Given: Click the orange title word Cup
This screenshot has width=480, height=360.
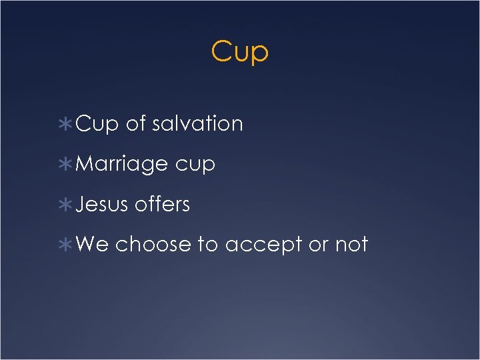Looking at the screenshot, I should click(239, 52).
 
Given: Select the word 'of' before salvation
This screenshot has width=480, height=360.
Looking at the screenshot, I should click(135, 124).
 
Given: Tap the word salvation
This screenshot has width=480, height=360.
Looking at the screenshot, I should click(197, 124).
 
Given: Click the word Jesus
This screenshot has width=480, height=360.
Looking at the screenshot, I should click(102, 205).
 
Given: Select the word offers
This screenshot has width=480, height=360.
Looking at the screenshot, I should click(162, 205).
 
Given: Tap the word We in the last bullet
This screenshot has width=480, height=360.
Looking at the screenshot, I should click(93, 245).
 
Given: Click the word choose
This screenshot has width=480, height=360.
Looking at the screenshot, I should click(153, 245).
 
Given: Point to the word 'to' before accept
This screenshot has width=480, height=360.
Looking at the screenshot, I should click(208, 245).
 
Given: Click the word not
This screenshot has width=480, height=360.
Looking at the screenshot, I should click(351, 245).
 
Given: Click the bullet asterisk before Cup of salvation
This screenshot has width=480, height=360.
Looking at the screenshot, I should click(69, 125).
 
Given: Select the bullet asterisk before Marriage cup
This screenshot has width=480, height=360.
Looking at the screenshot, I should click(69, 165).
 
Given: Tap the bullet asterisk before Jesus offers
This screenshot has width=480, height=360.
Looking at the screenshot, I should click(69, 205).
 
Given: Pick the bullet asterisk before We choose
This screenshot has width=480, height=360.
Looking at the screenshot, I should click(69, 245).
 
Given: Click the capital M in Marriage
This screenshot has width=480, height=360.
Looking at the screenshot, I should click(84, 164).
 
